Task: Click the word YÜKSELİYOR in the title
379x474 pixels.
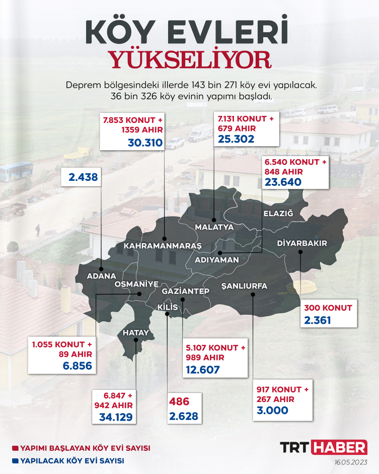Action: (191, 59)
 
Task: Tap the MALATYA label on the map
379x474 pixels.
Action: (214, 227)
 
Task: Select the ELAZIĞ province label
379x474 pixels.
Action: (278, 214)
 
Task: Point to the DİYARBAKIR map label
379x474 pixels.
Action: (302, 244)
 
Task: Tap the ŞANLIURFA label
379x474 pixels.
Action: (244, 286)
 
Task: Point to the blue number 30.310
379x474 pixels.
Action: (145, 143)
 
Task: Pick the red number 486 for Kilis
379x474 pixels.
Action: (179, 402)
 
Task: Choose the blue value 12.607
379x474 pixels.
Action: (203, 370)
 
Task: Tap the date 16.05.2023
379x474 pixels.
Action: (350, 462)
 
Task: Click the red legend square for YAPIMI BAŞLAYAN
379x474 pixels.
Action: (15, 448)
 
